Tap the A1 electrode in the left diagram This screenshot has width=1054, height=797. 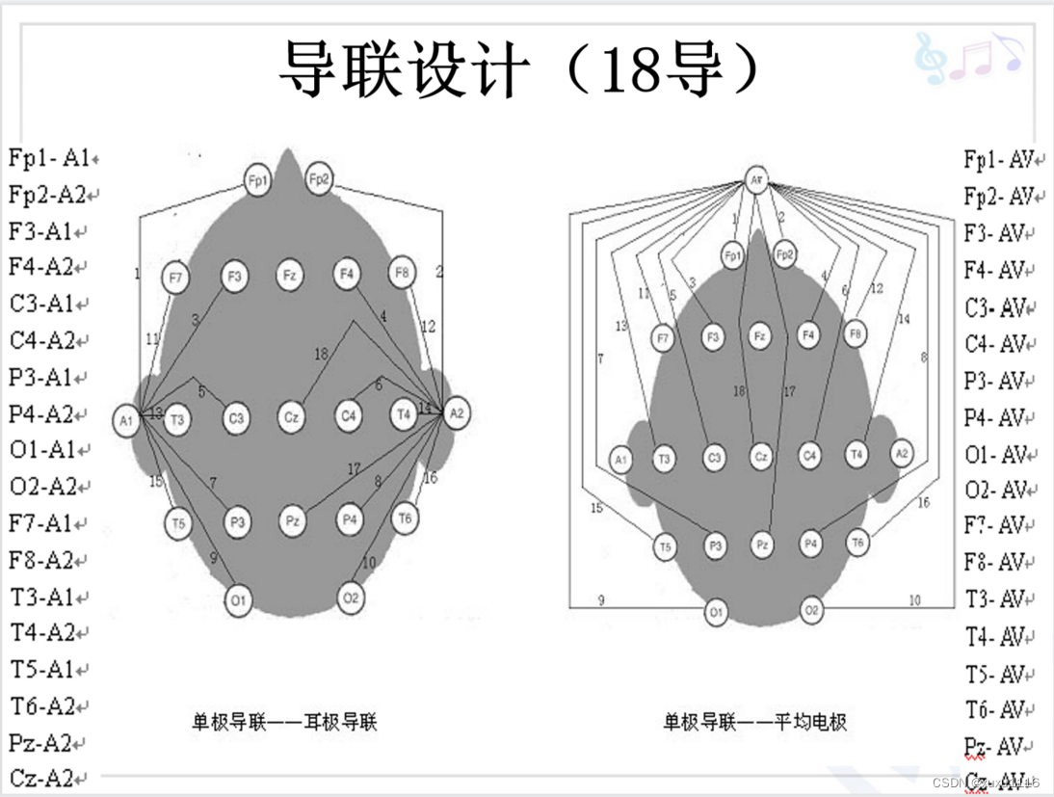(x=126, y=421)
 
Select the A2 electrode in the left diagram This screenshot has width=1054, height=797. (x=457, y=412)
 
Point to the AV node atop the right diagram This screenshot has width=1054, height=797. (x=757, y=180)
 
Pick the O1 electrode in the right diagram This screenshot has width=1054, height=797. (x=715, y=612)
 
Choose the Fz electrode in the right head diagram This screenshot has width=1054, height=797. (x=760, y=336)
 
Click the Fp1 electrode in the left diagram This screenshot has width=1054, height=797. (x=257, y=180)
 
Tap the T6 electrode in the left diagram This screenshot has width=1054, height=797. (x=406, y=518)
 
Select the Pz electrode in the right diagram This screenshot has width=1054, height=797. (x=762, y=545)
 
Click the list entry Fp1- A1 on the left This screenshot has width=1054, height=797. (x=49, y=158)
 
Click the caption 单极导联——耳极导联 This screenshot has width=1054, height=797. (x=283, y=720)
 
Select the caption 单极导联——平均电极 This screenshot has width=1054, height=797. (x=755, y=721)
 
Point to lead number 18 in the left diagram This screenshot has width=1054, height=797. (x=321, y=354)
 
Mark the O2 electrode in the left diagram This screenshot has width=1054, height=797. (x=351, y=598)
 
